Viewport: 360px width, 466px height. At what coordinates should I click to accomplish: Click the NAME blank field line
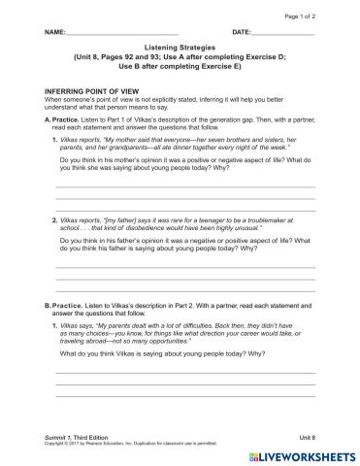(126, 35)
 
